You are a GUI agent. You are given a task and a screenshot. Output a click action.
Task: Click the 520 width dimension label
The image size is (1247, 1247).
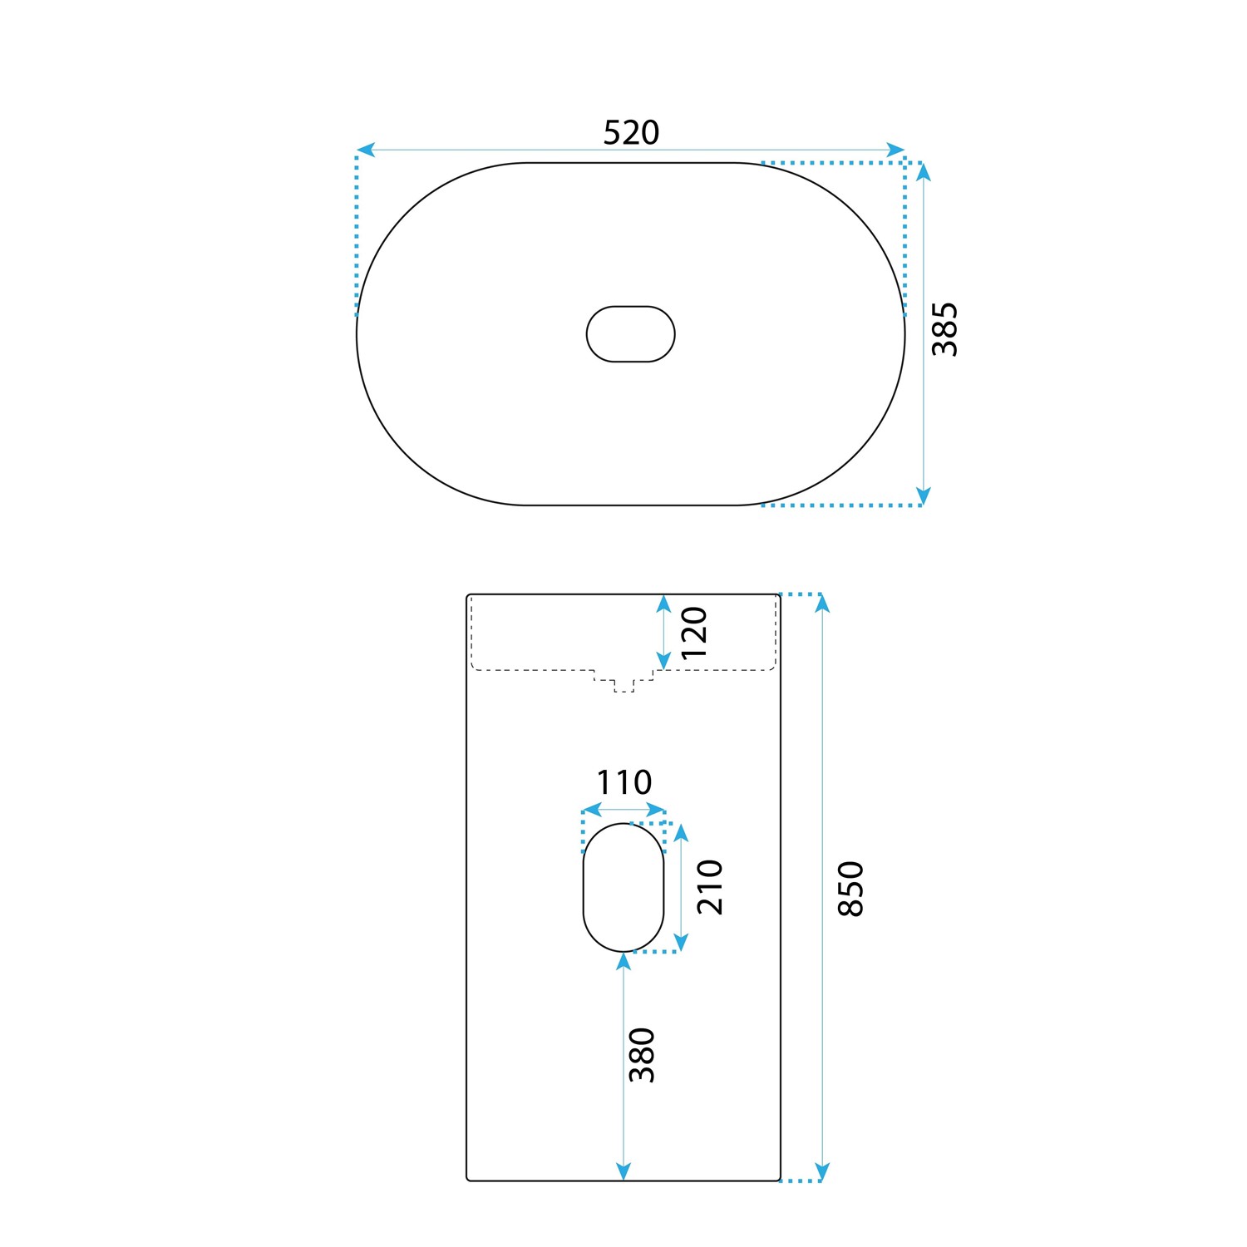tap(631, 132)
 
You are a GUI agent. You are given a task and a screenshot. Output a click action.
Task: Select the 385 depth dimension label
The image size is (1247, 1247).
tap(944, 329)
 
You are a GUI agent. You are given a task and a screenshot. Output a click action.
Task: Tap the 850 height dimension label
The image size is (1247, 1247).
tap(851, 889)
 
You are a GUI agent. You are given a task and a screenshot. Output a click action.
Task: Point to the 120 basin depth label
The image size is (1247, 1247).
tap(694, 632)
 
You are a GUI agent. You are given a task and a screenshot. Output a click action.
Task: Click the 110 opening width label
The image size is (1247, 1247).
tap(623, 782)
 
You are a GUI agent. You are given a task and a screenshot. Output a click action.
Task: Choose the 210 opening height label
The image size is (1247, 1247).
tap(710, 887)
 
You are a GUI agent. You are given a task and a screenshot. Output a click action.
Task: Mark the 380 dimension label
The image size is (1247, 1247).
tap(642, 1055)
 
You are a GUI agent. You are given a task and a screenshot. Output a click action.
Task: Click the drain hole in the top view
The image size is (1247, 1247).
tap(631, 334)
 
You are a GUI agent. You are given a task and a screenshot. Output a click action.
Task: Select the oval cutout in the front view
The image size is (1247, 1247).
tap(623, 887)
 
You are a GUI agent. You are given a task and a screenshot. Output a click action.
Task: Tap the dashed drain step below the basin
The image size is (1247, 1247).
tap(623, 681)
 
